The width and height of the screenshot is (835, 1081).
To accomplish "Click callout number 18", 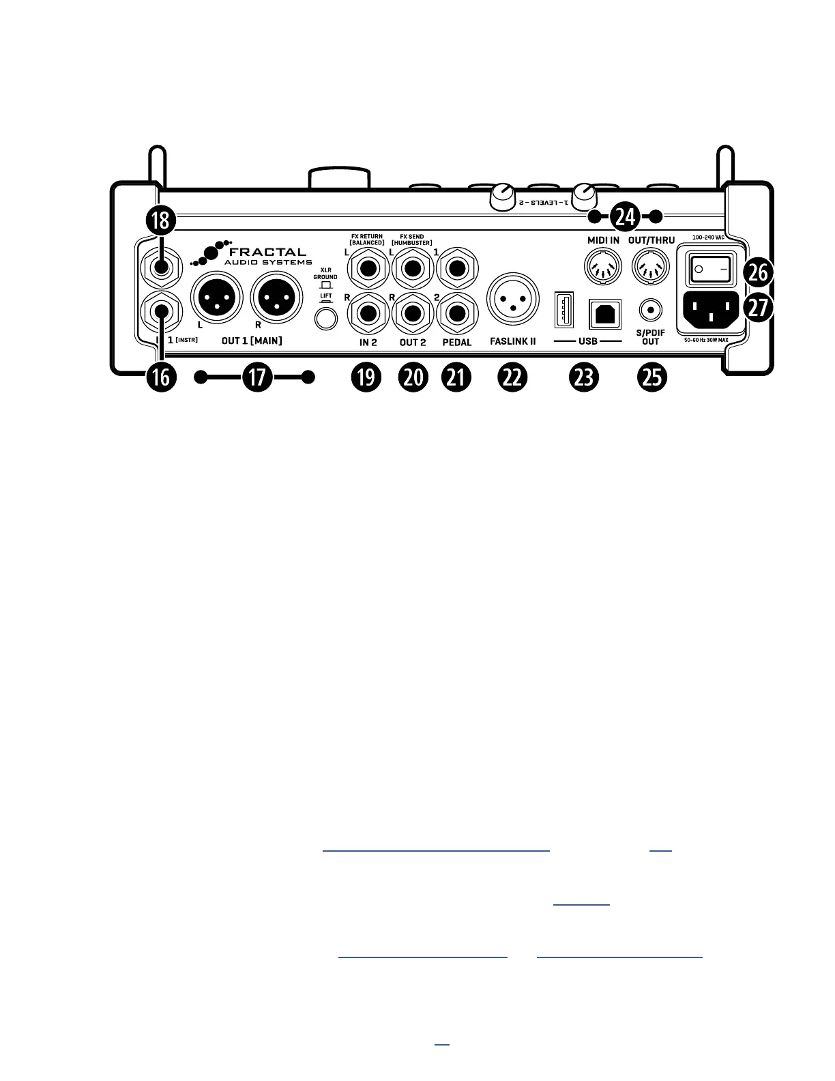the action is [x=160, y=220].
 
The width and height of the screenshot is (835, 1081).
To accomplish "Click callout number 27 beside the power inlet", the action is [x=757, y=306].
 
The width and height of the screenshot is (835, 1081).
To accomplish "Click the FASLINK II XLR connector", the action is [x=510, y=300].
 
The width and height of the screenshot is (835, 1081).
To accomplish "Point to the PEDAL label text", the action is [x=456, y=343].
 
